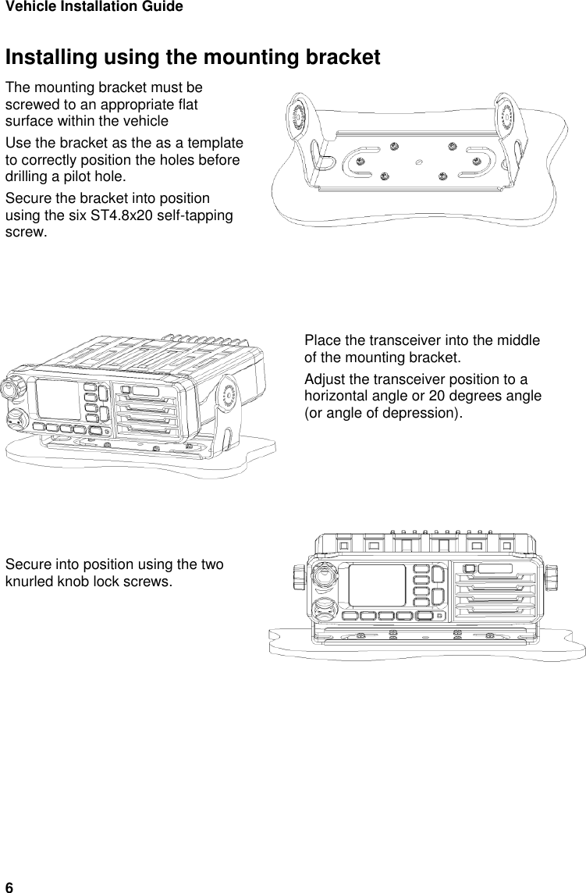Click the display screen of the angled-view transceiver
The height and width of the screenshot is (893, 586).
click(57, 400)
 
